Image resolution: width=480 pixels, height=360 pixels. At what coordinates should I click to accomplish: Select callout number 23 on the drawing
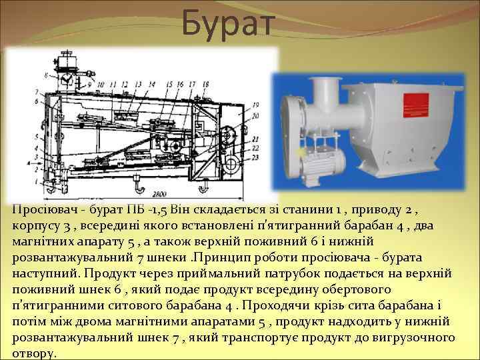(x=237, y=155)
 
